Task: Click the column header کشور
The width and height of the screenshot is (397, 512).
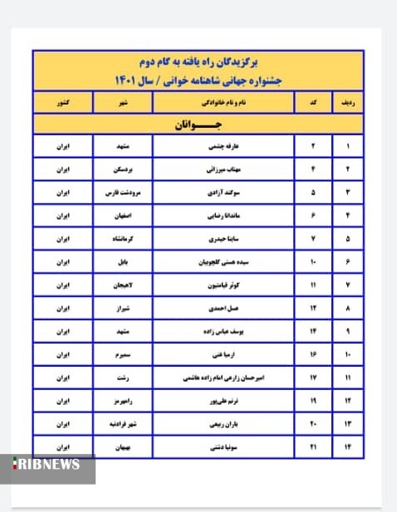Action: click(x=64, y=103)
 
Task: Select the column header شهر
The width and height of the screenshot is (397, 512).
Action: click(x=124, y=103)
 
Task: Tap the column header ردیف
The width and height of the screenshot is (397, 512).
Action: click(x=347, y=103)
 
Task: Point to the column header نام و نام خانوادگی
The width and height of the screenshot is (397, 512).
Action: click(x=224, y=103)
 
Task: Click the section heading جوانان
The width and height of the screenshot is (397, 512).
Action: click(x=198, y=125)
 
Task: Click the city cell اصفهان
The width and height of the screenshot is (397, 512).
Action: click(x=124, y=216)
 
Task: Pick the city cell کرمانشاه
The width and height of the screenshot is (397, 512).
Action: click(x=124, y=239)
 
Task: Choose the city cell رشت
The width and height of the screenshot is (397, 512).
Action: click(x=124, y=378)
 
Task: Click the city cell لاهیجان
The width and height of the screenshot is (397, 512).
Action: click(x=124, y=285)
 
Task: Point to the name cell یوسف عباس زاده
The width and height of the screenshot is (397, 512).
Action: click(x=224, y=331)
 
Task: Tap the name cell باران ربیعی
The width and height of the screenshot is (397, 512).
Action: click(x=224, y=424)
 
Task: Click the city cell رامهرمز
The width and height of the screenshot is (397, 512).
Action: click(x=124, y=401)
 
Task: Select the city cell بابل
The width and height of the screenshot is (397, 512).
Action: click(x=124, y=262)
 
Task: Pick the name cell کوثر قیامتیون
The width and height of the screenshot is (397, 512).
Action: click(x=224, y=285)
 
